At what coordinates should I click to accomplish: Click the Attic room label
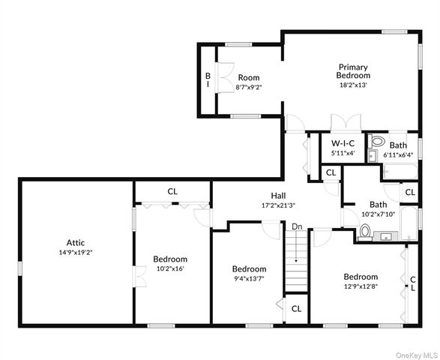76,242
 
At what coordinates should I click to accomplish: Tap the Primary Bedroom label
353,71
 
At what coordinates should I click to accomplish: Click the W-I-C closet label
343,142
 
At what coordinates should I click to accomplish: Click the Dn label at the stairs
297,226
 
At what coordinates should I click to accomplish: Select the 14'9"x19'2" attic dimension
76,253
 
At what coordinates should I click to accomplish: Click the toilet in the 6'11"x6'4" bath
377,141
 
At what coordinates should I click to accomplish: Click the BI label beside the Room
208,80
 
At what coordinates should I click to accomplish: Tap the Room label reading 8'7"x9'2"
248,77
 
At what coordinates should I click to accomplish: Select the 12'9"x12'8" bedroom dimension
361,286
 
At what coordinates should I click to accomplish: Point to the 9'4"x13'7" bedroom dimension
248,280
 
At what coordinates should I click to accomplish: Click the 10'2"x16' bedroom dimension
170,268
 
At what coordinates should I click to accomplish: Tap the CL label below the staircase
296,308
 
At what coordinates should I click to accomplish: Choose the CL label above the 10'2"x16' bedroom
172,191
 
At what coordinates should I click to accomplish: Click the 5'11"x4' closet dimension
343,153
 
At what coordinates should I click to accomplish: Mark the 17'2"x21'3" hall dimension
257,205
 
